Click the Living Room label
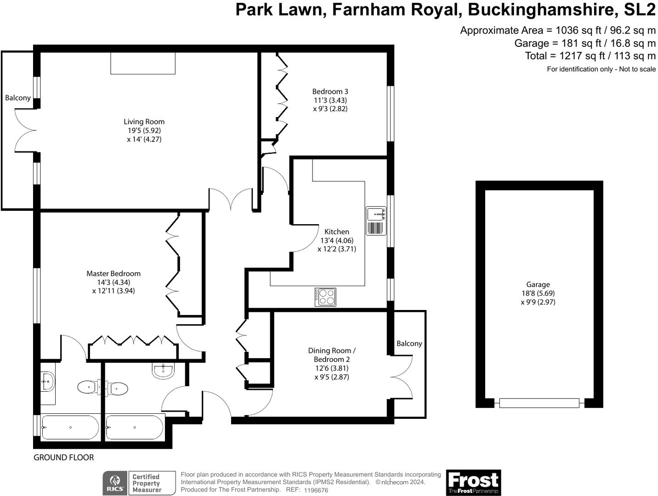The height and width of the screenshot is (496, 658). click(144, 122)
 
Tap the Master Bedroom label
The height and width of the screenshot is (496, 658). click(113, 274)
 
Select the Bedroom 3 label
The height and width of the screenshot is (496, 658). click(330, 91)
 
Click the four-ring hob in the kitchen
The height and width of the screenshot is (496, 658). click(325, 297)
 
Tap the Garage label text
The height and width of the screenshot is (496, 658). click(538, 285)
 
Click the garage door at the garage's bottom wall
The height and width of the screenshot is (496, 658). click(539, 403)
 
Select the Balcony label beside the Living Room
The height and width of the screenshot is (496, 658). click(18, 98)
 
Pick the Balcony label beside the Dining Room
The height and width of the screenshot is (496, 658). click(409, 344)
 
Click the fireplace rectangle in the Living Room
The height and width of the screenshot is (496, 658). click(143, 63)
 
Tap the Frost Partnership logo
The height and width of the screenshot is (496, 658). click(473, 482)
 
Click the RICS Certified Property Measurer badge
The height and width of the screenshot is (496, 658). click(139, 483)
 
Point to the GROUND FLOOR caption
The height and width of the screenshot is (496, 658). click(63, 457)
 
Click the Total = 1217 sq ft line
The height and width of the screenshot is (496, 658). click(590, 56)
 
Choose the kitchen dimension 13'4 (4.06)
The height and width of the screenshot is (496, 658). click(337, 240)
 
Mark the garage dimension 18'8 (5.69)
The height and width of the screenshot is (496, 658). click(538, 293)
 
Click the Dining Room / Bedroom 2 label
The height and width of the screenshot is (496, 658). click(332, 355)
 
